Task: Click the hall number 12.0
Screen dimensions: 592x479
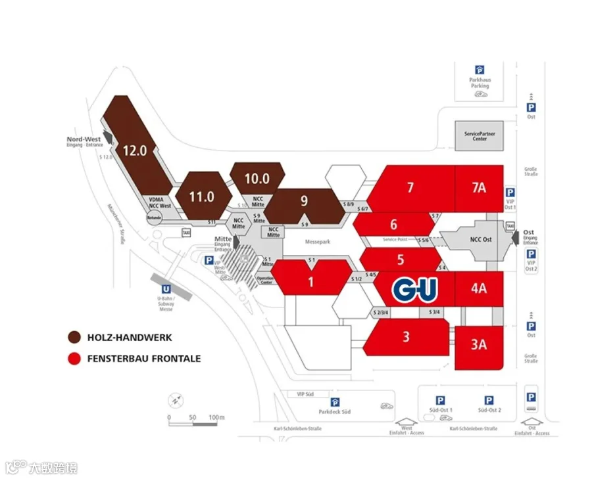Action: (x=134, y=150)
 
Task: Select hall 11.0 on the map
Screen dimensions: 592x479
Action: (x=201, y=196)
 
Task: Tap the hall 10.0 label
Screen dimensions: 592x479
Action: (x=257, y=178)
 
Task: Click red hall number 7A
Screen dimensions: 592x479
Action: (x=478, y=187)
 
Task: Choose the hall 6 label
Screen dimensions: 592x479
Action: (x=393, y=224)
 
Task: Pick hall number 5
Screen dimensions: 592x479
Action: (x=400, y=260)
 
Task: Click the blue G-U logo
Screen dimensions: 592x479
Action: (x=415, y=288)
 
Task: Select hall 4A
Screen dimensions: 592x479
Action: (x=478, y=288)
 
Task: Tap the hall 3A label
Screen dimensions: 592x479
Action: (x=478, y=344)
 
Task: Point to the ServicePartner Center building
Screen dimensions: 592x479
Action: (x=480, y=136)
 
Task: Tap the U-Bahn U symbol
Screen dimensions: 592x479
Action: (x=166, y=288)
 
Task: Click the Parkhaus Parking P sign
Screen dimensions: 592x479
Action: (x=480, y=69)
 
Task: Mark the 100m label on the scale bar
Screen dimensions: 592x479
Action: (x=217, y=417)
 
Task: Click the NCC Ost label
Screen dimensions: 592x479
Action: (x=483, y=239)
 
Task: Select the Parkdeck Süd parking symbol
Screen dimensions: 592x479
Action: (x=335, y=402)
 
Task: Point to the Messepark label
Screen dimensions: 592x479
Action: (x=316, y=242)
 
